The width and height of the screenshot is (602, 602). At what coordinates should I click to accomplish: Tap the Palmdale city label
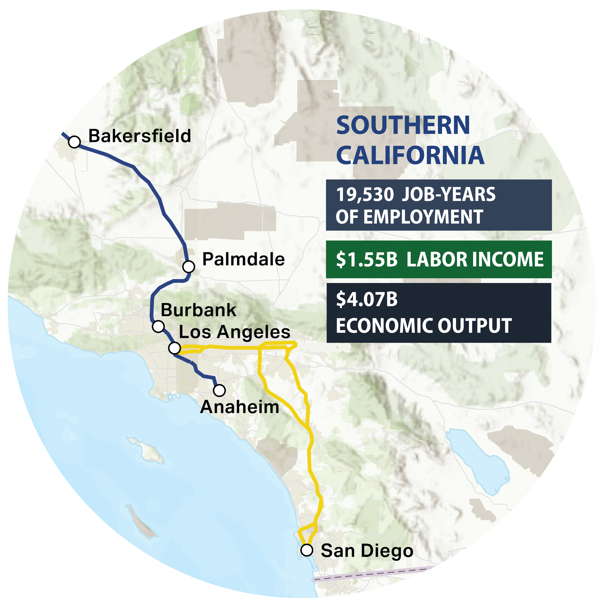click(x=243, y=259)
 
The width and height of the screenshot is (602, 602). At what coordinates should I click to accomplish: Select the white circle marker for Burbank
click(x=158, y=326)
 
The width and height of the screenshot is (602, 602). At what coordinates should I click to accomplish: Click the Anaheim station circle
click(x=219, y=390)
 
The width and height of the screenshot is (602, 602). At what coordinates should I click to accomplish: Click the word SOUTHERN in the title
click(x=403, y=125)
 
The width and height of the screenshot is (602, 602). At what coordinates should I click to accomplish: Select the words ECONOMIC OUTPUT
click(x=423, y=326)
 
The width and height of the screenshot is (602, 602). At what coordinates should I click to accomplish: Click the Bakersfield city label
click(x=140, y=136)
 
